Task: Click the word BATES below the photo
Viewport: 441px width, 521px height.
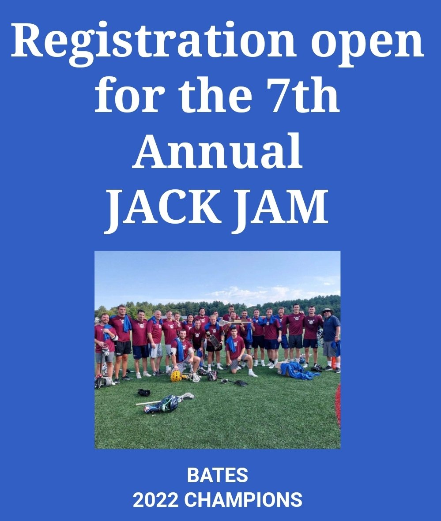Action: [x=217, y=476]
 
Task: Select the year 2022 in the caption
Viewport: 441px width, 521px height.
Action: [x=155, y=500]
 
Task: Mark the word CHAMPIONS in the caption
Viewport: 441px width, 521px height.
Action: [x=243, y=500]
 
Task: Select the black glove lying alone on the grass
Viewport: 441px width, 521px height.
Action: [x=144, y=392]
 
